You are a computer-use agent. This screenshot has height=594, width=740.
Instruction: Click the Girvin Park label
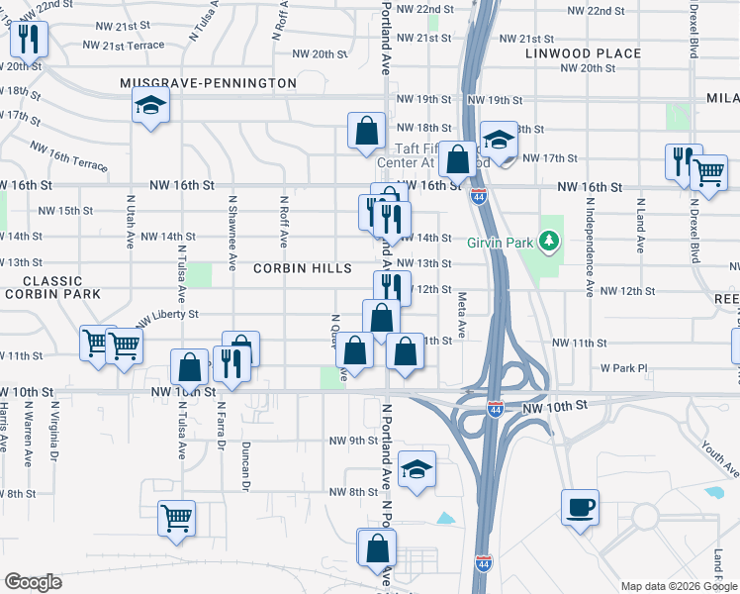click(x=505, y=241)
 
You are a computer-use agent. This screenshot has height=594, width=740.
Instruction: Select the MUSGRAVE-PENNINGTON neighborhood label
click(x=208, y=84)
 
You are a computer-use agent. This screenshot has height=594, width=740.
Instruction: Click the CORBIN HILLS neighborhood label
click(x=302, y=268)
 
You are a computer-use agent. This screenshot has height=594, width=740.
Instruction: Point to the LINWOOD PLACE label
click(x=583, y=53)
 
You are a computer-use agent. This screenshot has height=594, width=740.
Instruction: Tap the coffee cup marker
click(x=580, y=508)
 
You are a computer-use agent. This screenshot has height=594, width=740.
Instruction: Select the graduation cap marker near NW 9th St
click(x=417, y=469)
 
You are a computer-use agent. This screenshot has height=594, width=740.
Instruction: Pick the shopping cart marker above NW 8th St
click(x=176, y=516)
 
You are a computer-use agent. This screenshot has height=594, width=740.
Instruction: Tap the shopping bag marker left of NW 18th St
click(x=366, y=129)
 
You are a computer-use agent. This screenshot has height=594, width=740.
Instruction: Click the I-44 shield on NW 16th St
click(x=478, y=197)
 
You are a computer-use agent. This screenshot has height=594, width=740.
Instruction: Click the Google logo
click(x=33, y=582)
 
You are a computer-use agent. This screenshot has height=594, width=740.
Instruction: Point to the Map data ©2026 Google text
click(x=678, y=586)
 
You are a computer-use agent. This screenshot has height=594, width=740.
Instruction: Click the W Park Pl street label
click(x=623, y=368)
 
